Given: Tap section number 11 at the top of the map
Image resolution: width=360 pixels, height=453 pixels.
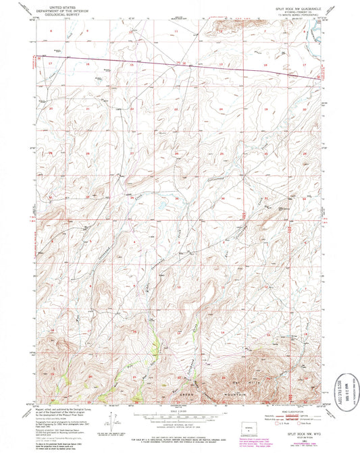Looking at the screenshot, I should pyautogui.click(x=176, y=32).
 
